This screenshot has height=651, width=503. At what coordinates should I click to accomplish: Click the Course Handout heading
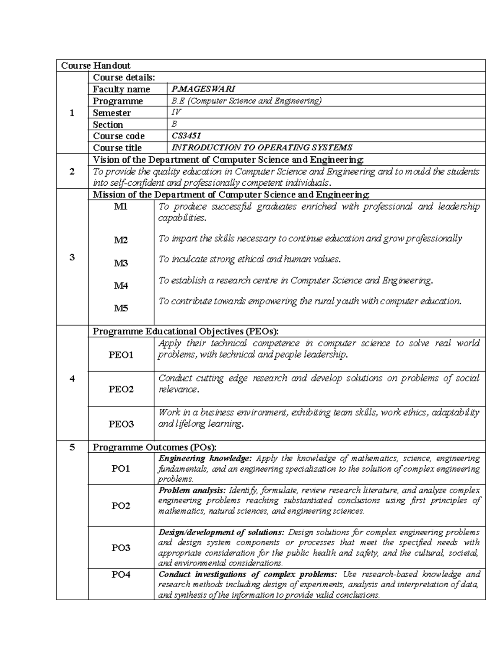pos(96,65)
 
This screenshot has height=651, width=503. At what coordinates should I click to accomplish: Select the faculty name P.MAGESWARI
pos(203,89)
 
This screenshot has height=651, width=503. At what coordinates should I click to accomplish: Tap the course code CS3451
pos(186,136)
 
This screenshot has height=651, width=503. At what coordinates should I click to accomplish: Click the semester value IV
pos(176,112)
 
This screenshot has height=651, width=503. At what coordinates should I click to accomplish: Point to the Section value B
pos(174,124)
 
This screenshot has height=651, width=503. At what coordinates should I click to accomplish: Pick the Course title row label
pos(117,148)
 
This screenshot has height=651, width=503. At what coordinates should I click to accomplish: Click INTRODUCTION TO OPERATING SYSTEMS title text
pos(262,148)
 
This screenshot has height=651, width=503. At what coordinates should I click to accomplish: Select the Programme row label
pos(118,101)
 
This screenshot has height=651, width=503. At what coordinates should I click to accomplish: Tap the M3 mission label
pos(121,263)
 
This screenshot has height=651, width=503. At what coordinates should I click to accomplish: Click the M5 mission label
pos(121,309)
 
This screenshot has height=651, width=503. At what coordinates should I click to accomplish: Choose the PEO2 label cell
pos(121,389)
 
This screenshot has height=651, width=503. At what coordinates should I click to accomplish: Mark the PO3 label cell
pos(121,547)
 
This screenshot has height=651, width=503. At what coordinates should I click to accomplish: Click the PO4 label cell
pos(121,574)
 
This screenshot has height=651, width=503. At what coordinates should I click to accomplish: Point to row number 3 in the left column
pos(72,257)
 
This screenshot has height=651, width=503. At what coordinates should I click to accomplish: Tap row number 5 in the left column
pos(72,447)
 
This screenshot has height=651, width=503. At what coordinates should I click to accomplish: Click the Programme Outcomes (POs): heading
pos(154,447)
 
